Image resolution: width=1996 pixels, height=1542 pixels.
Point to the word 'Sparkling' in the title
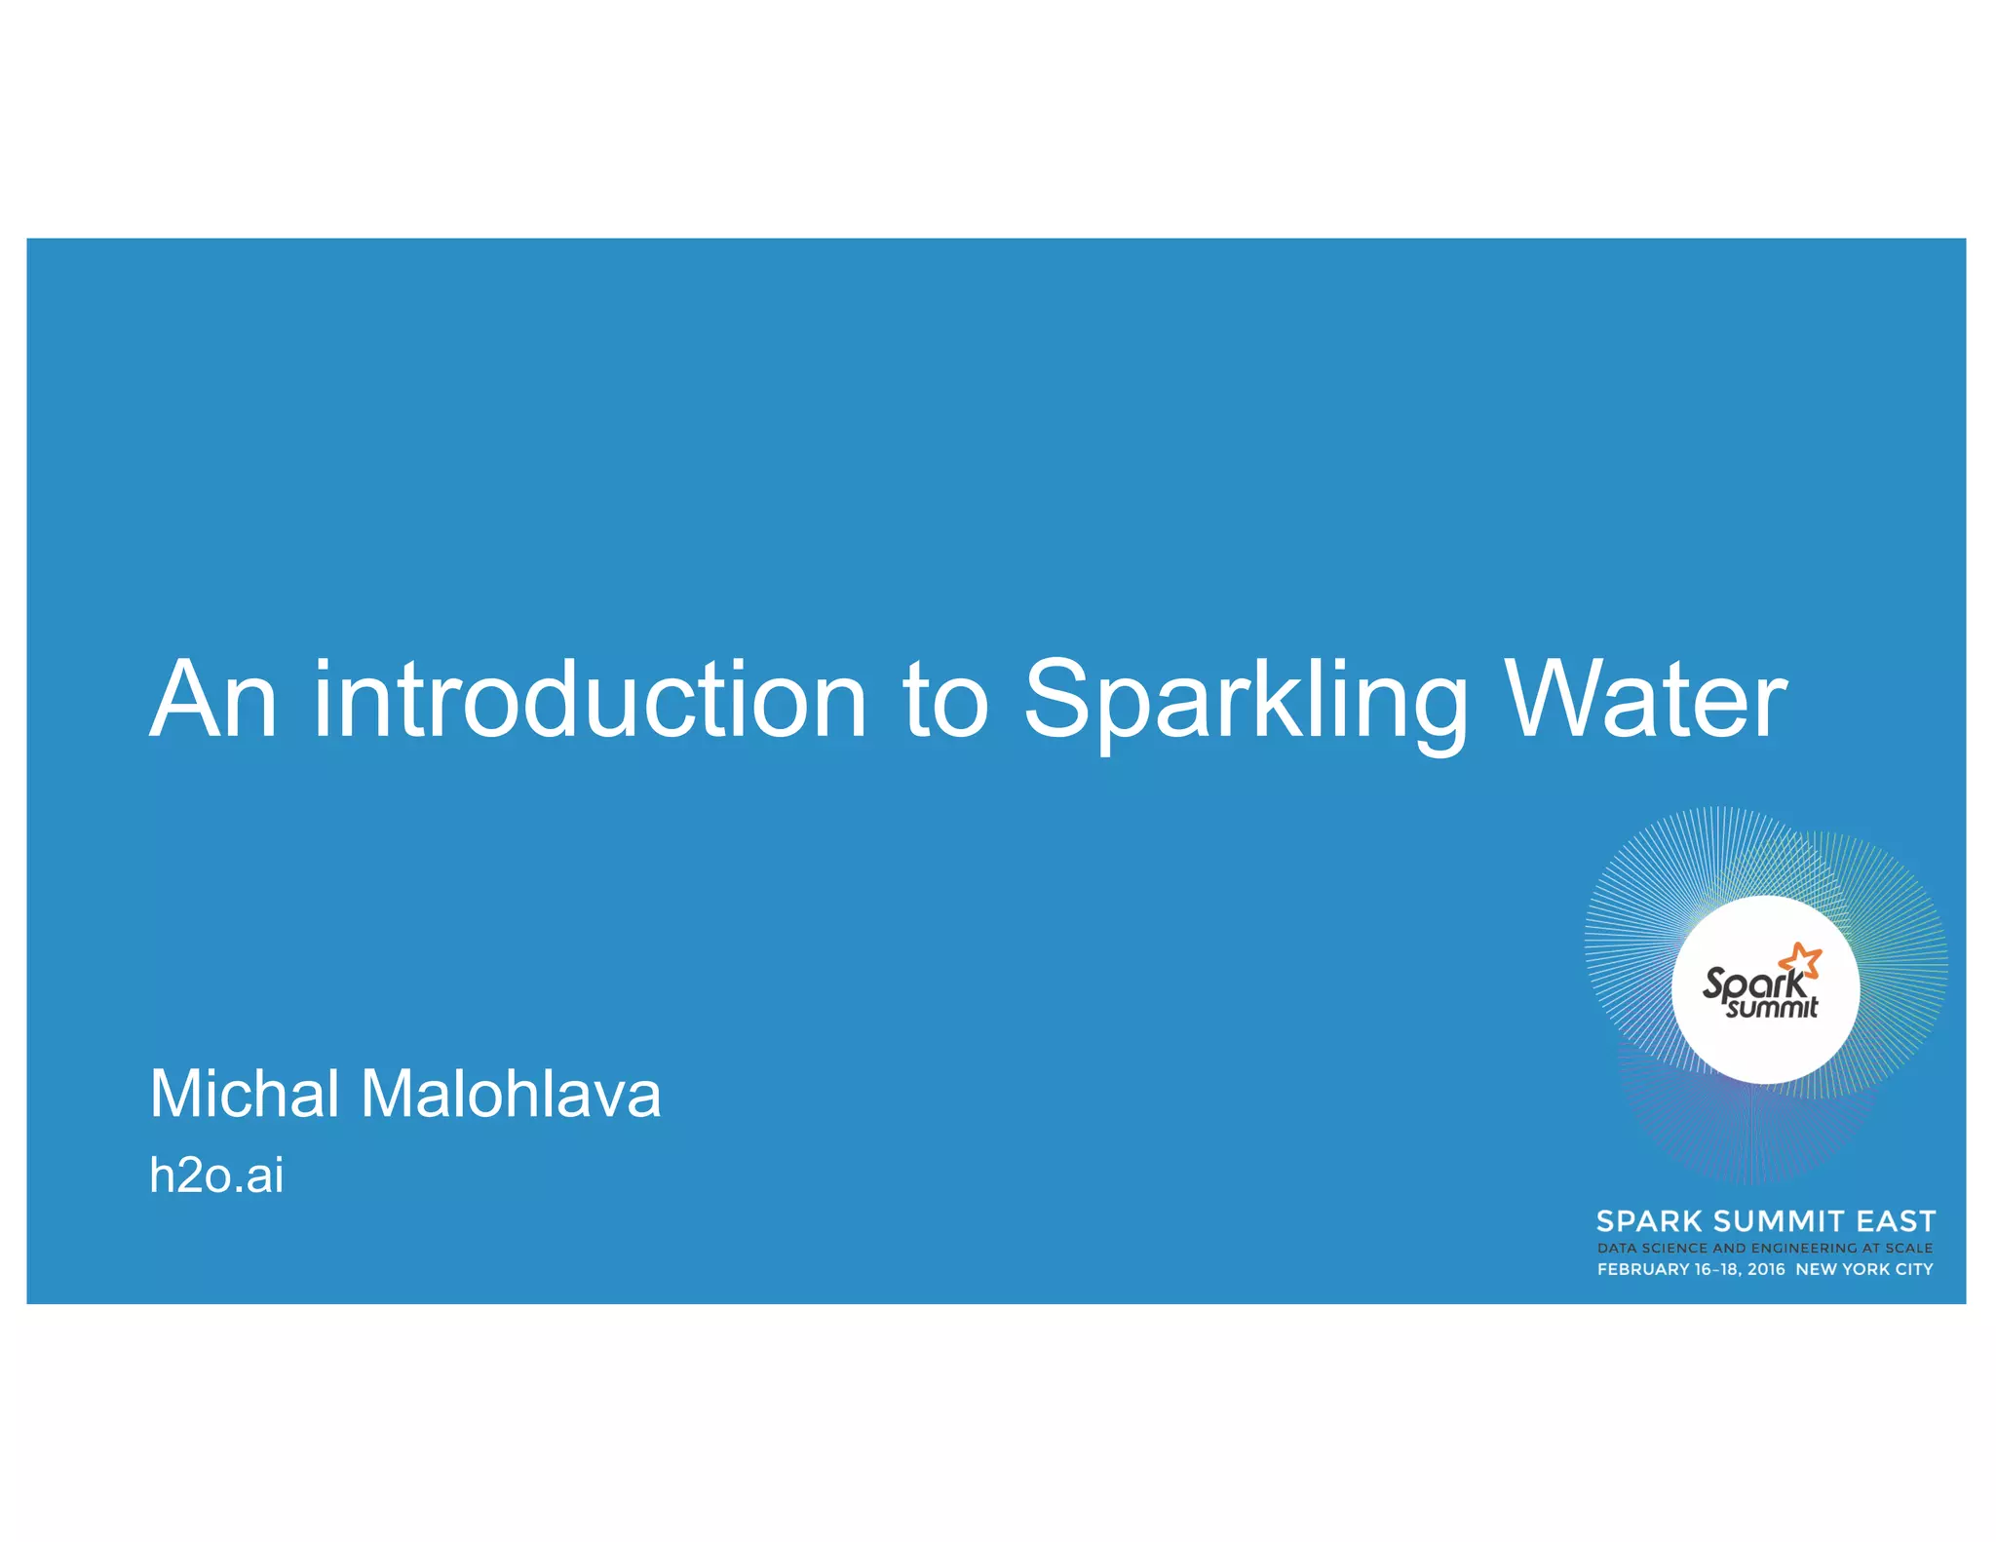[x=1245, y=702]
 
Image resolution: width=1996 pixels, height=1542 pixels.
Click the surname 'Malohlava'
[x=511, y=1093]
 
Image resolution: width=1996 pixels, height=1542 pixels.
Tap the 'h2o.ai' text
[x=216, y=1175]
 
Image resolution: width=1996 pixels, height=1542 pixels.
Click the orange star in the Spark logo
[x=1801, y=960]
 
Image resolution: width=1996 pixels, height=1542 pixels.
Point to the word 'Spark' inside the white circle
[x=1751, y=983]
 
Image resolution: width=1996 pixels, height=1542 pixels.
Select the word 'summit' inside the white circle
[x=1772, y=1007]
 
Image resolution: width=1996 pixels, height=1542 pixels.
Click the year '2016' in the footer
[x=1766, y=1269]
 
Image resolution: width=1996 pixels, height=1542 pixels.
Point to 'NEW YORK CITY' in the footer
[x=1863, y=1269]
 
